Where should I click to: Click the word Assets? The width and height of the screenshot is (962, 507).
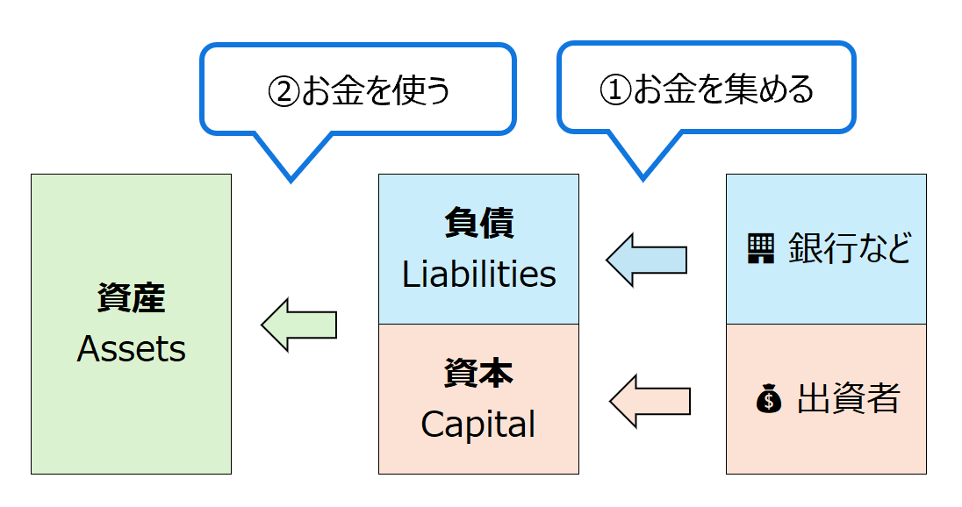pos(132,349)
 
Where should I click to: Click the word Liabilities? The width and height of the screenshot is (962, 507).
pos(479,275)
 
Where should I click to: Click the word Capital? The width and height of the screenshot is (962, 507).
pos(478,425)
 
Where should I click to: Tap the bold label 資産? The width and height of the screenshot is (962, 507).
pos(132,299)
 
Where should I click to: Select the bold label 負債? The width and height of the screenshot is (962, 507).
pos(479,224)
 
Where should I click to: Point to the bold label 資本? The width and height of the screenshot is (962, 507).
pos(478,374)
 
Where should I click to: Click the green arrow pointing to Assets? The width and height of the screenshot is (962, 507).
pos(299,325)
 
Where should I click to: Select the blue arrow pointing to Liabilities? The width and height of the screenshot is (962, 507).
pos(646,260)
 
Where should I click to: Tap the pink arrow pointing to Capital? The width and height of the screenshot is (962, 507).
pos(650,401)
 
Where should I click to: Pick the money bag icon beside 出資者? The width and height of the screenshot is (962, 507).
pos(768,400)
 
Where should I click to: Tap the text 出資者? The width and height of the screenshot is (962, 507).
pos(848,400)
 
